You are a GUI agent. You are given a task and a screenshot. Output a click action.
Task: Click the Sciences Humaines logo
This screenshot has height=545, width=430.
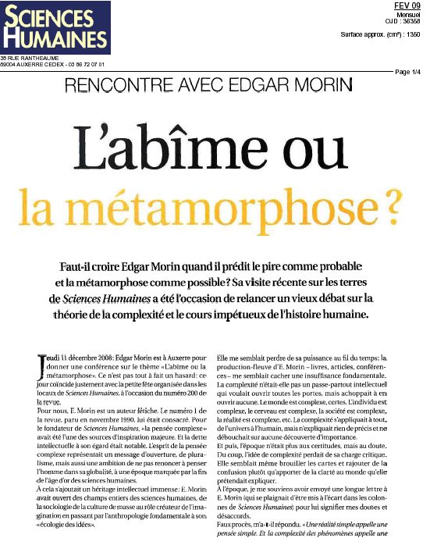point(55,28)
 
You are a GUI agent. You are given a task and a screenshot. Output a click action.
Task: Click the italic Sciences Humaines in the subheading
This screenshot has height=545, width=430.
point(104,299)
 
